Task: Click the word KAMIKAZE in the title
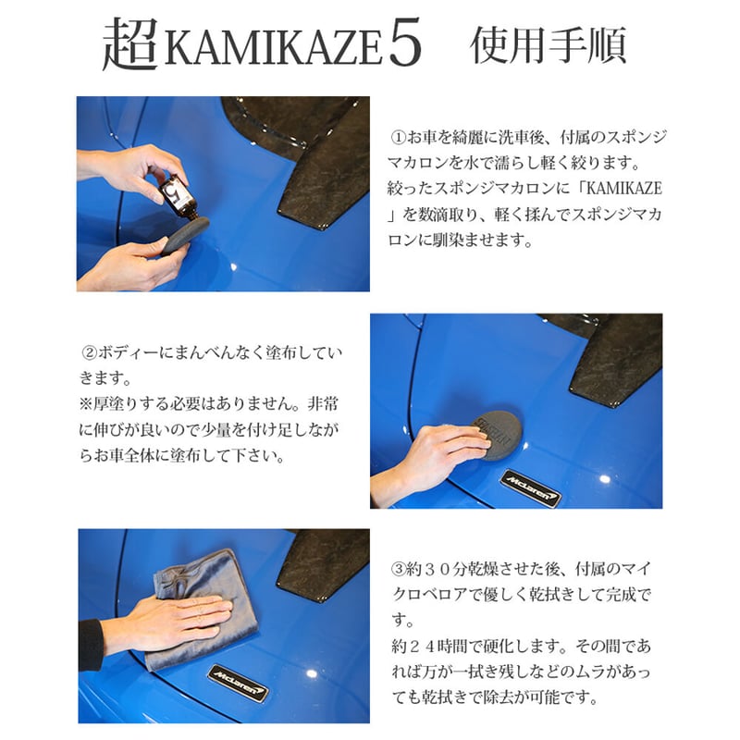point(273,47)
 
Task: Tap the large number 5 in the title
point(405,43)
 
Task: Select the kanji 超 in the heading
point(130,44)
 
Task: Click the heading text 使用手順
point(549,44)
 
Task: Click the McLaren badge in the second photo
point(530,488)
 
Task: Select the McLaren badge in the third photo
point(238,684)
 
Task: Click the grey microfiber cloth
point(203,609)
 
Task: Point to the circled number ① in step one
point(399,138)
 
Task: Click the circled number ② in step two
point(90,352)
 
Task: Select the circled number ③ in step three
point(399,569)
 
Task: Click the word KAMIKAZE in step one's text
point(623,189)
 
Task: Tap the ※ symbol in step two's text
point(86,404)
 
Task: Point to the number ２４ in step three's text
point(421,646)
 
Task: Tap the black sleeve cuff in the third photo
point(91,645)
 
